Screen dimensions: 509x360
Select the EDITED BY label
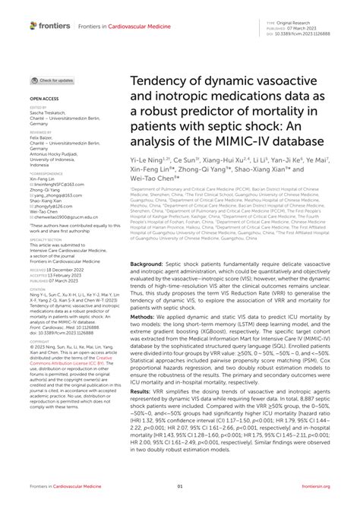[39, 108]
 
